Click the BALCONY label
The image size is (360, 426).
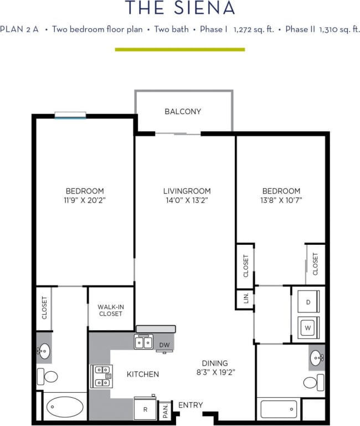click(x=183, y=111)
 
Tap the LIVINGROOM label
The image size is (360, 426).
click(x=182, y=191)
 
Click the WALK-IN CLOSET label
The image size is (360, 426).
click(x=110, y=310)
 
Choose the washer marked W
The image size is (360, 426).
click(x=307, y=327)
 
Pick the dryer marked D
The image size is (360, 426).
click(x=307, y=301)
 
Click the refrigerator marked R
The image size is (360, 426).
click(x=145, y=409)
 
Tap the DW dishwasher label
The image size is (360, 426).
click(x=164, y=345)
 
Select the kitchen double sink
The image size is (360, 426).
click(x=144, y=342)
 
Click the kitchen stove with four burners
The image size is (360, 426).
click(x=101, y=375)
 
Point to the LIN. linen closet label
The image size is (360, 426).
click(x=245, y=299)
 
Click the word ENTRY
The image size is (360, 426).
click(x=191, y=406)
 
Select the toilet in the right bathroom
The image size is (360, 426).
click(x=313, y=382)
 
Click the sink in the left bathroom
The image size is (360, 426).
click(x=44, y=351)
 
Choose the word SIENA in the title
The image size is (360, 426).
click(x=204, y=8)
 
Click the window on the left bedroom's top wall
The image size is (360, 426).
click(x=70, y=116)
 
